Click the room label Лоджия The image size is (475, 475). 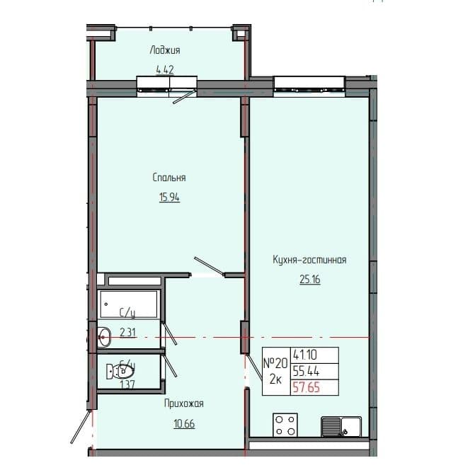click(165, 50)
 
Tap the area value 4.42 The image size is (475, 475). click(165, 69)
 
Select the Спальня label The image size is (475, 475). click(168, 178)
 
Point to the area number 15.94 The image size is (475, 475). click(168, 198)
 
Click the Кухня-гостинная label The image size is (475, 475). click(309, 261)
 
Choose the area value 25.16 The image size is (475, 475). click(309, 280)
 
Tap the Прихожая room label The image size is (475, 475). click(183, 404)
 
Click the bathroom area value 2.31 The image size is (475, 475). click(127, 331)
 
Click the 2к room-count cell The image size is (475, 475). click(276, 380)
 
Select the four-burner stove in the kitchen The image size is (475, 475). click(286, 425)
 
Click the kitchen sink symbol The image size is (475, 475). click(341, 426)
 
